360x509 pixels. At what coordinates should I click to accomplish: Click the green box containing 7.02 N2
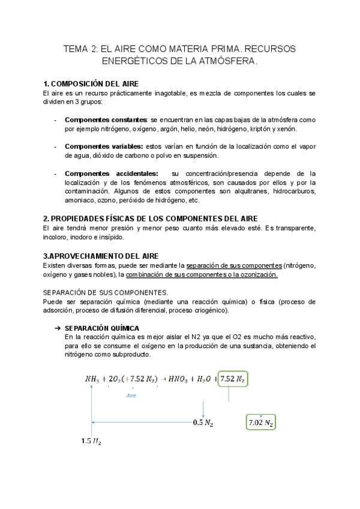(261, 423)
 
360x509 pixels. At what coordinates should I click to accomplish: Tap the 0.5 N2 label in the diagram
(203, 423)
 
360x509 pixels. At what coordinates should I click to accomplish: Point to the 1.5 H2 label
(92, 442)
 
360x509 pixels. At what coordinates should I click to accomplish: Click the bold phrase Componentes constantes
(106, 119)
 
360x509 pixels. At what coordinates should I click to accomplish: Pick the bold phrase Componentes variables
(104, 146)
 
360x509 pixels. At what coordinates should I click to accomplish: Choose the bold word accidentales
(136, 173)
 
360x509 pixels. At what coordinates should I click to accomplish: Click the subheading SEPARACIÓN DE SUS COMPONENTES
(106, 292)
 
